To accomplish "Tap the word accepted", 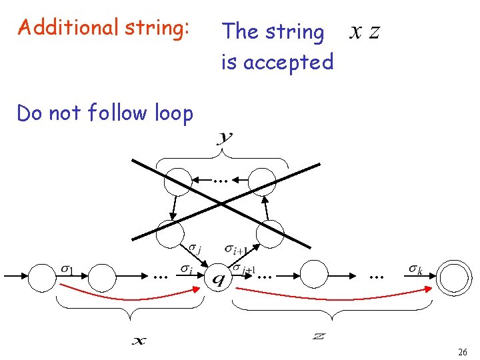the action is click(288, 62).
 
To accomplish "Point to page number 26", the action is click(462, 351).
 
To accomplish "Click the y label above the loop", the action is click(225, 138).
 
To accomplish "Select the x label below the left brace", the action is click(138, 341).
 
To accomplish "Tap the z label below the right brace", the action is click(319, 337).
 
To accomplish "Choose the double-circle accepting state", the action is click(455, 275).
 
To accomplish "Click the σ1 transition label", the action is click(67, 269).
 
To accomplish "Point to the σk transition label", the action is click(415, 269).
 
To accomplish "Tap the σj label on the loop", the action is click(195, 249).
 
